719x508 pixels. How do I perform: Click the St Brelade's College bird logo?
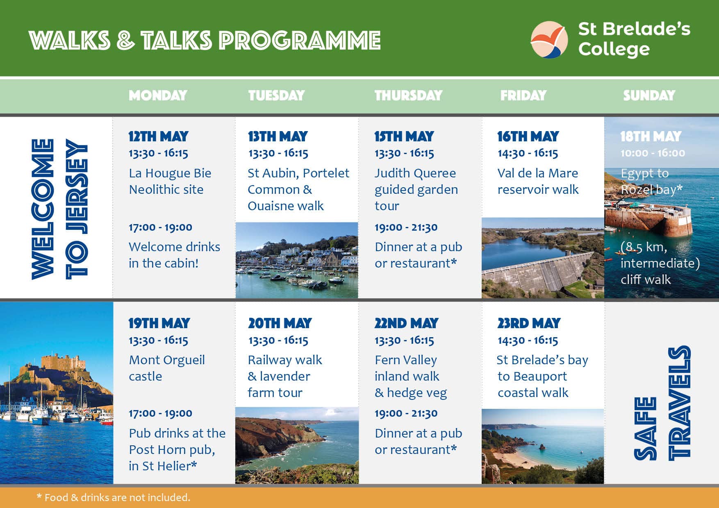[549, 40]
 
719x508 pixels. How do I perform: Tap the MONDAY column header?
[158, 95]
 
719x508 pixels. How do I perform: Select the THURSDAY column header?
[408, 95]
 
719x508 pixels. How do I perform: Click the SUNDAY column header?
[649, 95]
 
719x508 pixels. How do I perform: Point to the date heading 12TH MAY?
[158, 136]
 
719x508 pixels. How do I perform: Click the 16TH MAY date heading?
[528, 136]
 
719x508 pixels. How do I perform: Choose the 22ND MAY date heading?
[406, 323]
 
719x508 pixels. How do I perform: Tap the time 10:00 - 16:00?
[653, 153]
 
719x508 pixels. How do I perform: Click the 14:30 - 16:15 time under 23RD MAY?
[528, 340]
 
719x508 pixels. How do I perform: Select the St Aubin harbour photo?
[297, 260]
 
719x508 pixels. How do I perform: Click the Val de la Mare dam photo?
[543, 258]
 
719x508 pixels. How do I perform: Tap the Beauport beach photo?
[543, 446]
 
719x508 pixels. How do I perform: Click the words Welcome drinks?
[174, 247]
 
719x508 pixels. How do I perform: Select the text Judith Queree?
[415, 173]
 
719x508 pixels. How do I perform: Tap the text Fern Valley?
[405, 360]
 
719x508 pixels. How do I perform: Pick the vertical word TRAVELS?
[680, 403]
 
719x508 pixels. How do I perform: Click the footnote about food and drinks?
[113, 497]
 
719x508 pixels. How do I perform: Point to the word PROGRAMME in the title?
[300, 41]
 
